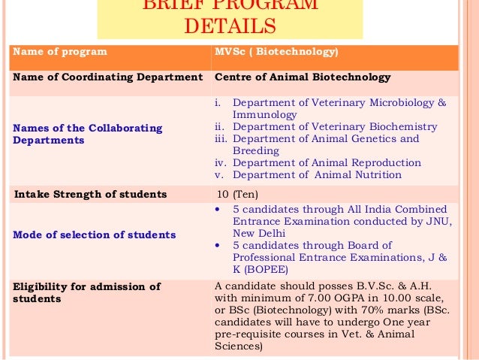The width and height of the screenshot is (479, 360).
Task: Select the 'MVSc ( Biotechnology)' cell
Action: coord(276,53)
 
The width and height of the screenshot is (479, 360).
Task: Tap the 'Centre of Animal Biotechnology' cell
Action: coord(303,77)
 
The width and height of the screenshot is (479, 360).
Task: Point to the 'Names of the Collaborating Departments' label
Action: coord(87,134)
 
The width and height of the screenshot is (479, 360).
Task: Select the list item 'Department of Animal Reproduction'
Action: coord(327,163)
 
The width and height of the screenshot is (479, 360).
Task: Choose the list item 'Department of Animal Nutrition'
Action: coord(317,175)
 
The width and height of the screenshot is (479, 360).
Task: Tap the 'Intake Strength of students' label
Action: coord(91,195)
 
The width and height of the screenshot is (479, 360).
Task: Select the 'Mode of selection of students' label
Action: coord(95,234)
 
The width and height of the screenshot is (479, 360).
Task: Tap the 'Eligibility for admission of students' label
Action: coord(87,292)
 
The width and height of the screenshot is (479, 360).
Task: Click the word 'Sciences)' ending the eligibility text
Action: coord(238,346)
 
